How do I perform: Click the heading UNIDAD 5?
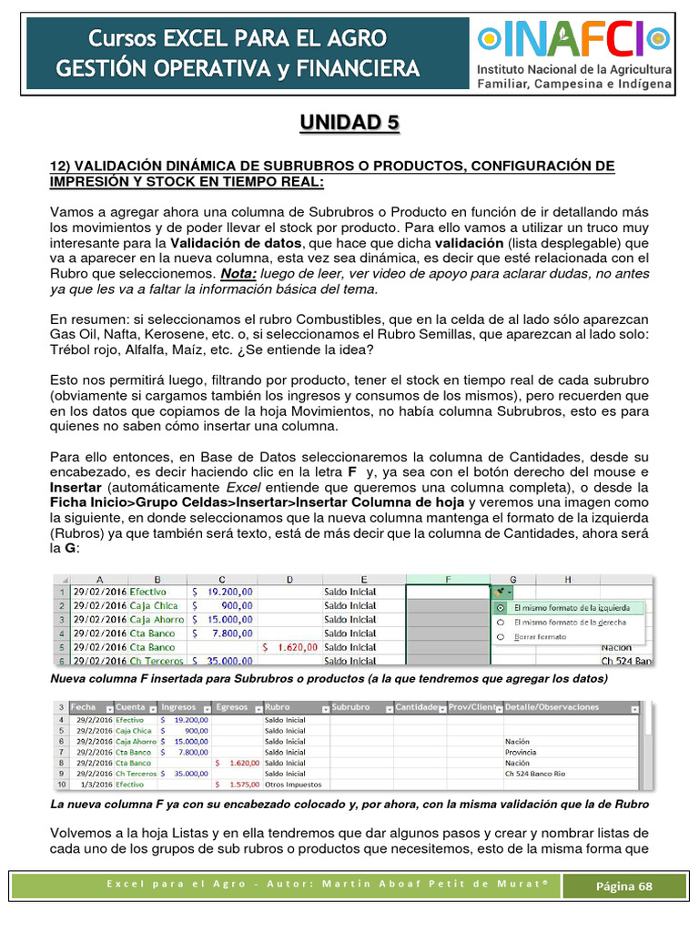tap(349, 123)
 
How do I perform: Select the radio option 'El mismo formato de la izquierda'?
tap(500, 607)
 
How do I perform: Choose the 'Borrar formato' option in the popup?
tap(500, 637)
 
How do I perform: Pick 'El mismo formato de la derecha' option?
tap(500, 623)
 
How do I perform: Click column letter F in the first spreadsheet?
tap(448, 579)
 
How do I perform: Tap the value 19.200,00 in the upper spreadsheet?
tap(223, 592)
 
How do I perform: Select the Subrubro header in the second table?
tap(351, 707)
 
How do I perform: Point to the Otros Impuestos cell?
tap(289, 784)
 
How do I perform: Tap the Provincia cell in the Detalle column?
tap(521, 752)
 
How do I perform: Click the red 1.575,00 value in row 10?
tap(241, 784)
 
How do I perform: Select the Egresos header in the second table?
tap(232, 707)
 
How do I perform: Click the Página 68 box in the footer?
tap(623, 886)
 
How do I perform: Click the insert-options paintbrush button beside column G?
tap(500, 592)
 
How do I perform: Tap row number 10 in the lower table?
tap(62, 784)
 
